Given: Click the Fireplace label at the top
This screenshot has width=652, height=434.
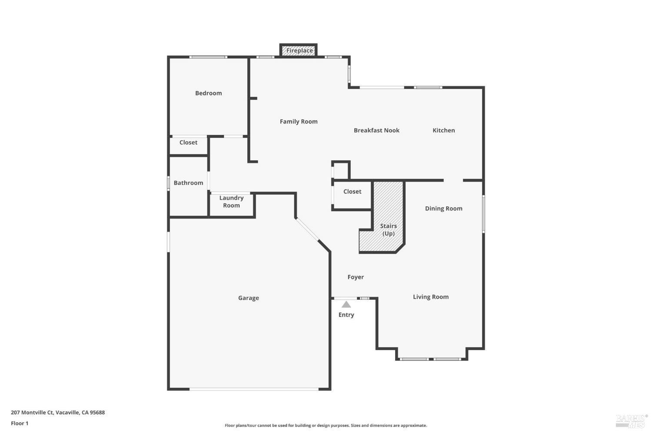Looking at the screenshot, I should click(x=299, y=50).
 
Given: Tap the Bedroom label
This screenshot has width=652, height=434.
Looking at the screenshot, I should click(x=208, y=93).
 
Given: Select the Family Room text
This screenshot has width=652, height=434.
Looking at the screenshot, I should click(x=299, y=122).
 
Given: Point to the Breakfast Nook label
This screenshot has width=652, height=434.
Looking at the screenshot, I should click(x=376, y=130).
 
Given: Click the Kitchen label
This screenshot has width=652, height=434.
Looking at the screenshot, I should click(x=444, y=130).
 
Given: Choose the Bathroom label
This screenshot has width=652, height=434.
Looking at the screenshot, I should click(x=188, y=183).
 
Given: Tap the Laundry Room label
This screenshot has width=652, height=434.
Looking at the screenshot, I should click(x=231, y=202).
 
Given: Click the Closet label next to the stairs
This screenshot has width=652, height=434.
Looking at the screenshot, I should click(x=352, y=192).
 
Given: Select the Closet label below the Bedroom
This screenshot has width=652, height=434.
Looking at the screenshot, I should click(x=188, y=142).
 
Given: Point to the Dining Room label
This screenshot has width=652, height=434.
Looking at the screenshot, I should click(x=443, y=209).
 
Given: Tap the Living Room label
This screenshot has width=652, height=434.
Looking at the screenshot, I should click(x=430, y=297).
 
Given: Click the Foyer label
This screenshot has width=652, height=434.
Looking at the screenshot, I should click(x=356, y=277).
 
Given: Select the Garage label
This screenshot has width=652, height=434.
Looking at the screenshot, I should click(x=248, y=298).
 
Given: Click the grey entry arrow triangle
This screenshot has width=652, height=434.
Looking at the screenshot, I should click(x=346, y=305).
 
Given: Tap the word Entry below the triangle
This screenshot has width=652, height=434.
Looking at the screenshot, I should click(x=346, y=315).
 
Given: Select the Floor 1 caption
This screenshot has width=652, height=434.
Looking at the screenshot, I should click(x=20, y=423).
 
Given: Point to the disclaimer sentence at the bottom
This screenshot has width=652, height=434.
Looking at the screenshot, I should click(x=326, y=426).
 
